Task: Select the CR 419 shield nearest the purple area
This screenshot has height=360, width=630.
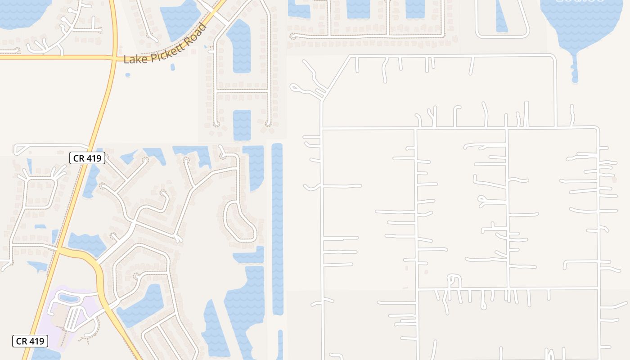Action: [30, 341]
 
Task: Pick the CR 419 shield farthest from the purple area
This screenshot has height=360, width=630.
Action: [88, 158]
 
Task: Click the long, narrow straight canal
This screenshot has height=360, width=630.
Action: [277, 225]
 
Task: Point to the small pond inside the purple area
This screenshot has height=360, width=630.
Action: [68, 298]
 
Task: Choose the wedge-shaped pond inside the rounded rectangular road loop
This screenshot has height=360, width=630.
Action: [501, 18]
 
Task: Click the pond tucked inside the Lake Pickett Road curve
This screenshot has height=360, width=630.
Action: [180, 20]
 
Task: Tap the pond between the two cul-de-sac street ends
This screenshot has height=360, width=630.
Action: [242, 124]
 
